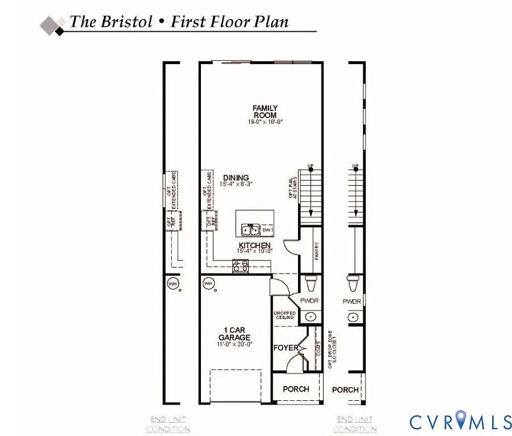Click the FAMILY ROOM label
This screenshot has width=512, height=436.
pyautogui.click(x=265, y=112)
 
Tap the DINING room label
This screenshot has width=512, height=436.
pyautogui.click(x=236, y=178)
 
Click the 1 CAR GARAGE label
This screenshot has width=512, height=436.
pyautogui.click(x=234, y=333)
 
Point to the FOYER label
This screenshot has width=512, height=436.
pyautogui.click(x=286, y=347)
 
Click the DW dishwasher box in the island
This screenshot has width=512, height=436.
pyautogui.click(x=267, y=230)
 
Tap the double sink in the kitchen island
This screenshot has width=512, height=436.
pyautogui.click(x=250, y=230)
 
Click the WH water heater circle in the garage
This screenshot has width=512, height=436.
pyautogui.click(x=208, y=283)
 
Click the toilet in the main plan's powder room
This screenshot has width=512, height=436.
pyautogui.click(x=310, y=282)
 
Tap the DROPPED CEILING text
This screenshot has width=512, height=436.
pyautogui.click(x=284, y=315)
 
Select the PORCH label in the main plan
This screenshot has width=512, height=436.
pyautogui.click(x=296, y=389)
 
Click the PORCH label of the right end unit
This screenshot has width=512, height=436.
pyautogui.click(x=345, y=389)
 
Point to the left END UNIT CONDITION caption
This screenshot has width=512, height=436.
pyautogui.click(x=168, y=425)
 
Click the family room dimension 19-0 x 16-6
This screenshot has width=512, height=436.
pyautogui.click(x=265, y=121)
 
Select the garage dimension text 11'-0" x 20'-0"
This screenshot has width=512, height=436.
pyautogui.click(x=234, y=343)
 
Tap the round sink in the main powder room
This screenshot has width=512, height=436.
pyautogui.click(x=310, y=317)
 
